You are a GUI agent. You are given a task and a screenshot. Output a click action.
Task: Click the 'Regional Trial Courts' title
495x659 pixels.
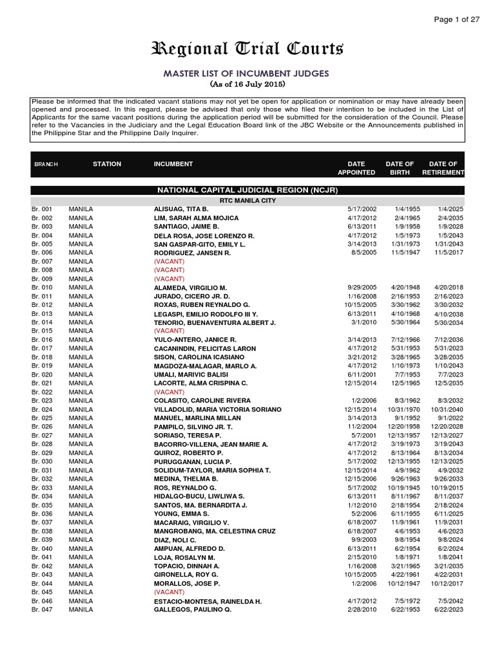(x=247, y=49)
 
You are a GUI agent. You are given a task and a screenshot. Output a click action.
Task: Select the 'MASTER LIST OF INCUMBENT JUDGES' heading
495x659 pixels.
(x=247, y=73)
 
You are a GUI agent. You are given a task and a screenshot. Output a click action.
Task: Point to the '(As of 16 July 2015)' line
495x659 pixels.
(x=247, y=84)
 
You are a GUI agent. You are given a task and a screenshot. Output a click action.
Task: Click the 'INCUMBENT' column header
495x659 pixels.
(x=173, y=164)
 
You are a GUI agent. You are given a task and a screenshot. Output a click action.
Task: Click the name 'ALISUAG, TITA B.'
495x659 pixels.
(x=180, y=210)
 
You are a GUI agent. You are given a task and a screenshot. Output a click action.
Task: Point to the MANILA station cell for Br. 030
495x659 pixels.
(x=81, y=461)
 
